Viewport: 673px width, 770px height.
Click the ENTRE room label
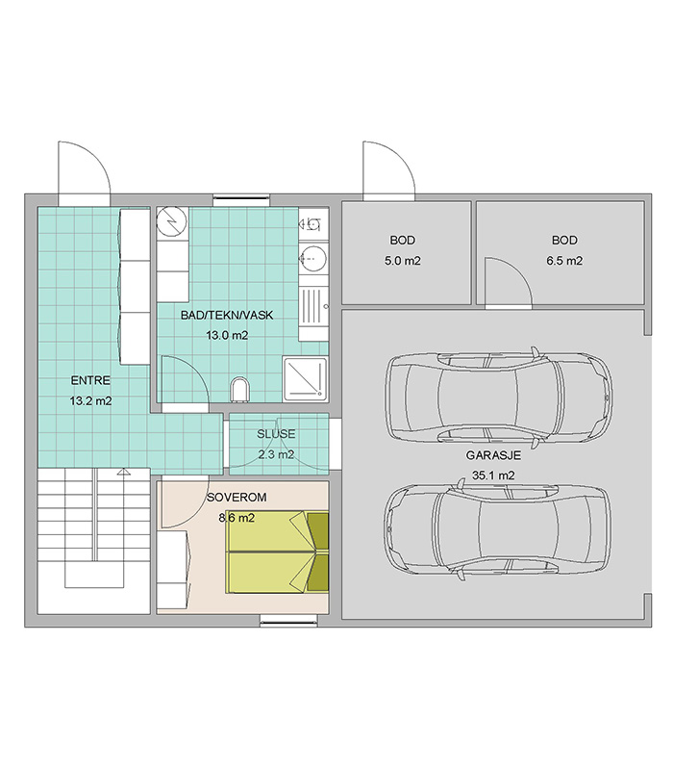(90, 380)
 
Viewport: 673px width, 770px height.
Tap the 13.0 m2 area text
(227, 335)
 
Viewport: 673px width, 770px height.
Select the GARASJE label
(493, 455)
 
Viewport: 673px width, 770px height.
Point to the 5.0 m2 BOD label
(403, 240)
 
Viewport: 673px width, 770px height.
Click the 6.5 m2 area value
(564, 261)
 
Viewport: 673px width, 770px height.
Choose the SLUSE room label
(276, 434)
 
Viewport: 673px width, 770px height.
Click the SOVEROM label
(237, 498)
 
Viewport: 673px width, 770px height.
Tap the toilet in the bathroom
(239, 389)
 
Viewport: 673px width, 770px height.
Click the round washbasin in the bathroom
(313, 256)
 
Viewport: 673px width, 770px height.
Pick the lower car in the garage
(498, 531)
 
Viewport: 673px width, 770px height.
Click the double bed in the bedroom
(277, 552)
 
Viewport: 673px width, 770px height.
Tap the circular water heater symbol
(172, 222)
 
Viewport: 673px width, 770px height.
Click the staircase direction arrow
(123, 472)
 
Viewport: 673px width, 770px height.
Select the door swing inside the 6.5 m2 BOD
(509, 281)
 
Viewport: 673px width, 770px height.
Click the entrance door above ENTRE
(84, 173)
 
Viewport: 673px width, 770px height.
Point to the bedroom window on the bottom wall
(289, 621)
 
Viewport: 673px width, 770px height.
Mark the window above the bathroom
(241, 200)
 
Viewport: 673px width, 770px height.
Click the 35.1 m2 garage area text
(493, 475)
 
